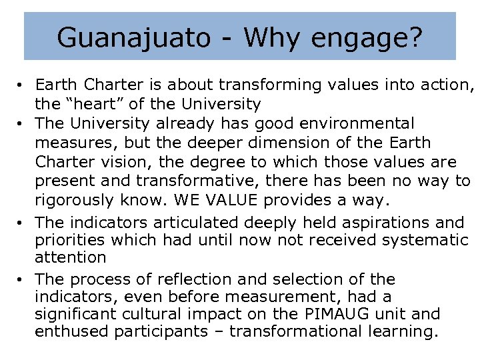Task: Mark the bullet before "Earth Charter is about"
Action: point(21,85)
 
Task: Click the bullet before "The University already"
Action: point(21,124)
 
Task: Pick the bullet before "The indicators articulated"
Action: point(21,221)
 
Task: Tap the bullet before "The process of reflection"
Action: point(21,279)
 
